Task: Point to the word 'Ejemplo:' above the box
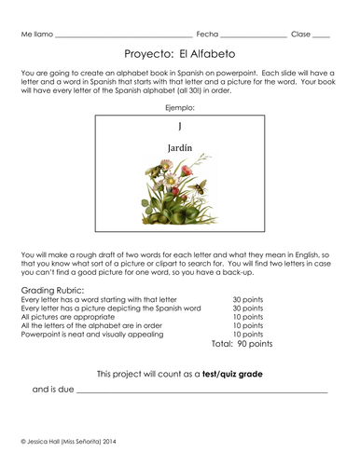(x=179, y=107)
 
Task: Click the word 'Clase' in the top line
(x=300, y=34)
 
